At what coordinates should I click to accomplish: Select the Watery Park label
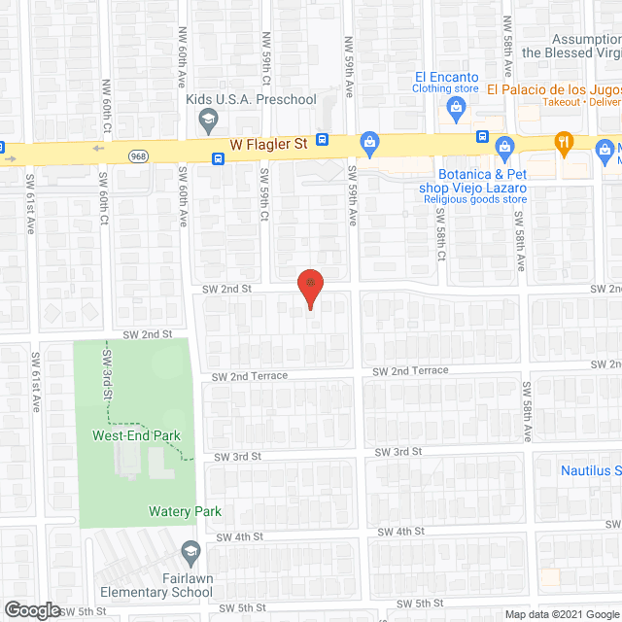tap(185, 511)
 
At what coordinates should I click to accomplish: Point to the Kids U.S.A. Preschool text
tap(251, 99)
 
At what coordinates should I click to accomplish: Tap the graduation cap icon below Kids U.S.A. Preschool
tap(206, 121)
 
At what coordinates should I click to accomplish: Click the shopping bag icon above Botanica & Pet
tap(504, 148)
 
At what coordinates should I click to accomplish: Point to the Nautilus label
tap(589, 470)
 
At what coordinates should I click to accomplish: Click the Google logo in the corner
tap(31, 609)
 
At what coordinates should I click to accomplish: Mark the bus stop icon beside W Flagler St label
tap(323, 141)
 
